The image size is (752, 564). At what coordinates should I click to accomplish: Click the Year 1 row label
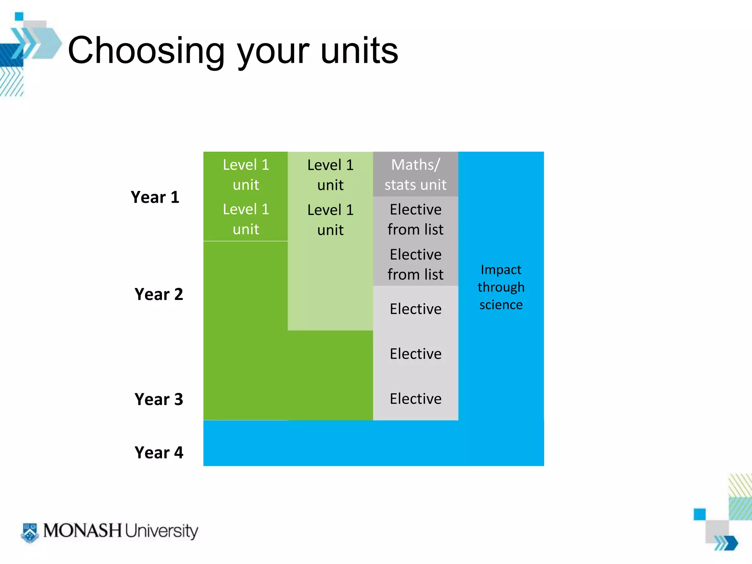pos(155,198)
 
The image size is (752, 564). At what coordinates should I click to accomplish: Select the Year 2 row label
pos(159,294)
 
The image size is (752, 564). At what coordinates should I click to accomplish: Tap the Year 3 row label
pos(159,399)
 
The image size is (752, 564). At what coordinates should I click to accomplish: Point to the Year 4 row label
pos(159,453)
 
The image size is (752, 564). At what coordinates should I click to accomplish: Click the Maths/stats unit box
pos(415,175)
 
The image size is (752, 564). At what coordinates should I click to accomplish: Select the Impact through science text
pos(501,287)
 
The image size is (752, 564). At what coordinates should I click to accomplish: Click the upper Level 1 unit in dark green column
pos(246,175)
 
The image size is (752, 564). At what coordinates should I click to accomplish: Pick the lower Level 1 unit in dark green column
pos(246,219)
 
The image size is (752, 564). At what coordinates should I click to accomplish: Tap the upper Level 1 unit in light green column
pos(330,175)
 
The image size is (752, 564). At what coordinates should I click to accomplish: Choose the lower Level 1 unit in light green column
pos(330,220)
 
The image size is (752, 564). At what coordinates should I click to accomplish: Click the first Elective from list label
pos(415,220)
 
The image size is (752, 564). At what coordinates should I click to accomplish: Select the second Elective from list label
pos(415,264)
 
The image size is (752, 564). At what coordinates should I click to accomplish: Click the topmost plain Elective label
pos(415,309)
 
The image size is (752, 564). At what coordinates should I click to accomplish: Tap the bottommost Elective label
pos(415,399)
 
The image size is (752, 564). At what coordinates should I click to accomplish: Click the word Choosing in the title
pos(146,51)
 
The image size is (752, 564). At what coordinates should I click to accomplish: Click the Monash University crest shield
pos(30,532)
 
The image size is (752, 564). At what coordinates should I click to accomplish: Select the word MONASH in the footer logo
pos(83,531)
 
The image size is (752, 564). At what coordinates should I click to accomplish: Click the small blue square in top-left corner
pos(19,17)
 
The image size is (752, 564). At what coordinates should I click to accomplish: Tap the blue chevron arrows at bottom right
pos(726,543)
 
